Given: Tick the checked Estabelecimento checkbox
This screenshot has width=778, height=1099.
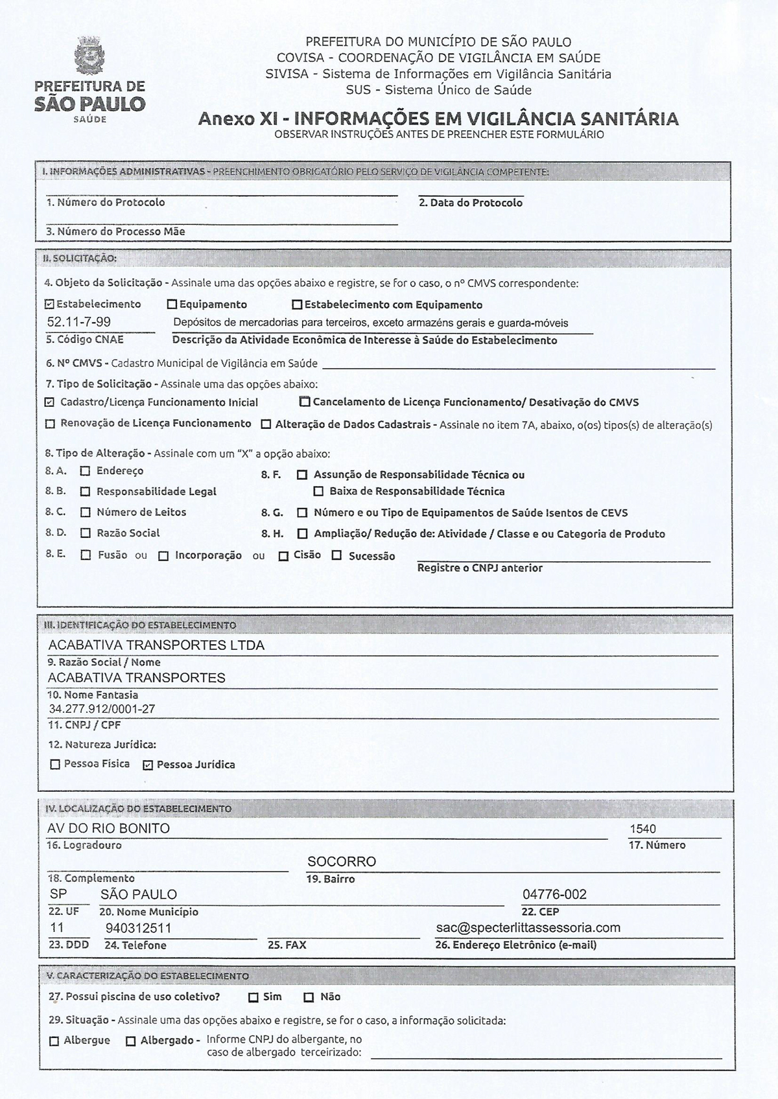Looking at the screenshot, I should tap(50, 304).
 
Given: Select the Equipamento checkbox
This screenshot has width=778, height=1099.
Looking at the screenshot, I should tap(172, 304).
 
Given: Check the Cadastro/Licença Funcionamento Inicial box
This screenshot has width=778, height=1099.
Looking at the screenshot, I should tap(50, 402).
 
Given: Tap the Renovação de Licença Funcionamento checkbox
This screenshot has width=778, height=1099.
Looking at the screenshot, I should tap(50, 424).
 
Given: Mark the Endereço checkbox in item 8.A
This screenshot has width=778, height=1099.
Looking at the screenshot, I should tap(86, 471).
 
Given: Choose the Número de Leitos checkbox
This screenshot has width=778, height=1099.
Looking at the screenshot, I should tap(86, 513).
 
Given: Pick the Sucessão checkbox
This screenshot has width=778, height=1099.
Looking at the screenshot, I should tap(336, 555).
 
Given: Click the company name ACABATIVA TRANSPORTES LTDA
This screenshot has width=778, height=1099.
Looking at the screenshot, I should tap(156, 645).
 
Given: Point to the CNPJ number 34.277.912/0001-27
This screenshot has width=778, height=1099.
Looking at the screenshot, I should tap(102, 709).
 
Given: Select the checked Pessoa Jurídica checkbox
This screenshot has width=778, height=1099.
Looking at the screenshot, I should tap(147, 765).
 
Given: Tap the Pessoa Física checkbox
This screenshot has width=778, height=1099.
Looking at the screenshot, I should tap(55, 765).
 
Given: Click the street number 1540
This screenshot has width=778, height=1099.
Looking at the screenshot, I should tap(642, 829).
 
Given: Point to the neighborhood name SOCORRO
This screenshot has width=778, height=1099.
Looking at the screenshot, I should tap(342, 862).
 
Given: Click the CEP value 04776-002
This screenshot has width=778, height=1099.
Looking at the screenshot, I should tap(554, 895).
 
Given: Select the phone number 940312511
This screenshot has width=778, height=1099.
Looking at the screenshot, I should tap(139, 928).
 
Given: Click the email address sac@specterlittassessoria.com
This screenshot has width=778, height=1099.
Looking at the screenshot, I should tap(528, 928).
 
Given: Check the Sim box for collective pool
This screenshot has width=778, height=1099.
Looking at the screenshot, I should tap(253, 997).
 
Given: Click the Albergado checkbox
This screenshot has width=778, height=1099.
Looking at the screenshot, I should tap(130, 1041).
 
